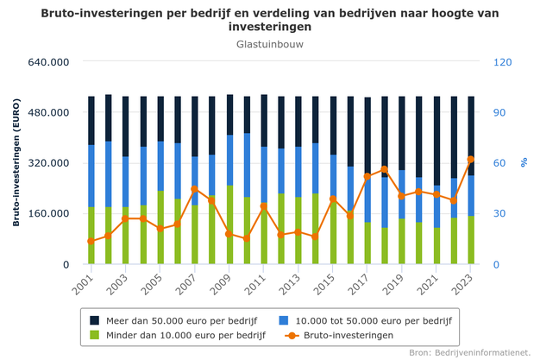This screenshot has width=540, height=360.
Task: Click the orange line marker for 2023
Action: click(471, 160)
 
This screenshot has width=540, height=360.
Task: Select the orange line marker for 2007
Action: click(195, 189)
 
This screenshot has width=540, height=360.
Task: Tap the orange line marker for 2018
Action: click(385, 169)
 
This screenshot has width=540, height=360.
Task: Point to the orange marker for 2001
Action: click(91, 242)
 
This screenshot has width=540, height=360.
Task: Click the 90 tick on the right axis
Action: click(500, 113)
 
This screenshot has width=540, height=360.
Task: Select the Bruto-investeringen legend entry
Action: click(341, 335)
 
